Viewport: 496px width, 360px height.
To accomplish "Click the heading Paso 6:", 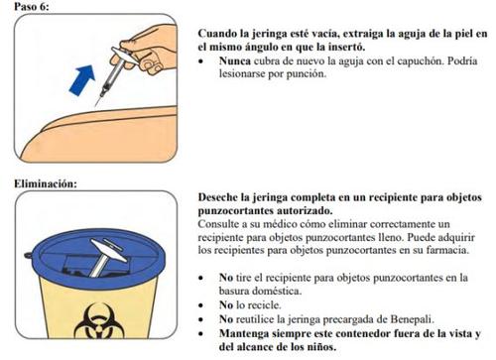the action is tap(32, 7).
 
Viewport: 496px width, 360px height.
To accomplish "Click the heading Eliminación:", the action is tap(46, 183).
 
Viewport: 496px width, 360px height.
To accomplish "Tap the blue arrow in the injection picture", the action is tap(82, 80).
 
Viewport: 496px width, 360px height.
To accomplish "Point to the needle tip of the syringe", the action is tap(95, 106).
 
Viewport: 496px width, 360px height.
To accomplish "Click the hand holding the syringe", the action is tap(149, 50).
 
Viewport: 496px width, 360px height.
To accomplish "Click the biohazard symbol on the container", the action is tap(99, 321).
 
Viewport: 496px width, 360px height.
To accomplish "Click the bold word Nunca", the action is tap(235, 61).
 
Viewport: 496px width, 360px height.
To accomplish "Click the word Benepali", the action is tap(412, 319).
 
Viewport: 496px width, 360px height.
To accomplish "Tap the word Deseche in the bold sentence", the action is tap(218, 197).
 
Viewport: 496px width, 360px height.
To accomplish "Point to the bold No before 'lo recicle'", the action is tap(226, 304).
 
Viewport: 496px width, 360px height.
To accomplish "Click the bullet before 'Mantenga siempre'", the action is tap(200, 334).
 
